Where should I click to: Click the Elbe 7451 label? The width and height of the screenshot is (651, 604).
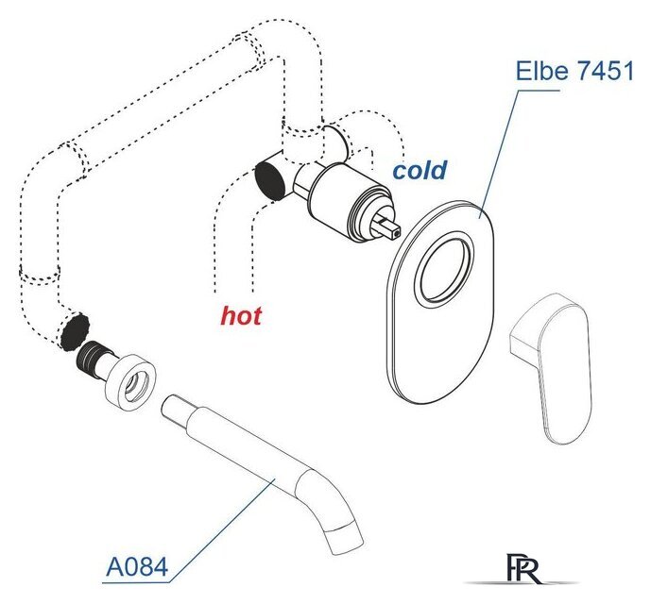(x=574, y=71)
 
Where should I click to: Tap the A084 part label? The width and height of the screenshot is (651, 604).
(x=137, y=566)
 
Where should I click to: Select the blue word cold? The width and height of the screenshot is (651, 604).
(x=420, y=170)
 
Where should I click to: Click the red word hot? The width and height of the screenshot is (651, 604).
(x=241, y=316)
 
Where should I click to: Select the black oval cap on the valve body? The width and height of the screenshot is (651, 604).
(x=270, y=180)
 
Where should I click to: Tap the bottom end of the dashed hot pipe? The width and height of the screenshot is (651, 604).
(x=233, y=292)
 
